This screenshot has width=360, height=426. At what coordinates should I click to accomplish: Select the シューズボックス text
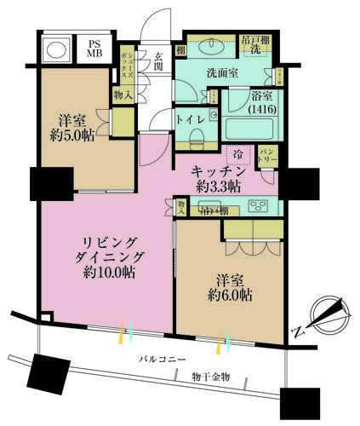point(125,62)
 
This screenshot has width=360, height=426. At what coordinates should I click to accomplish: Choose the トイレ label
point(188,119)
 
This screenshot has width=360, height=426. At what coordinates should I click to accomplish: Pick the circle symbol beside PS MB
point(56,50)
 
